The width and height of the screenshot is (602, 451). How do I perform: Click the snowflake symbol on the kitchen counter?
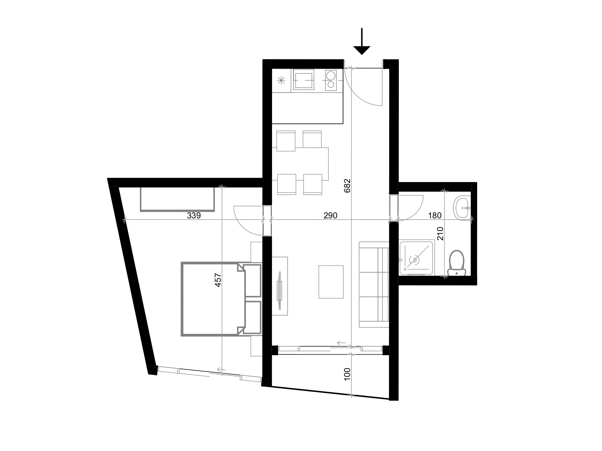click(281, 81)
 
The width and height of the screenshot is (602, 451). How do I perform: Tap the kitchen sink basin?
click(303, 80)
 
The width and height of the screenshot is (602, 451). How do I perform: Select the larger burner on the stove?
click(331, 75)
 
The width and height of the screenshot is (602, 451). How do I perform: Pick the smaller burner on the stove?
click(331, 85)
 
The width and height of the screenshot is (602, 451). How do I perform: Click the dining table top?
click(300, 164)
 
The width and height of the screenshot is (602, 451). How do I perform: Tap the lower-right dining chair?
click(313, 184)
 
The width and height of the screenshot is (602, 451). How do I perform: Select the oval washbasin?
click(461, 208)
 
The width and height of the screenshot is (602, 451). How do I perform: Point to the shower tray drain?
click(414, 260)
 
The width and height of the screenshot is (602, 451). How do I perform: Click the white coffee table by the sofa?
click(331, 282)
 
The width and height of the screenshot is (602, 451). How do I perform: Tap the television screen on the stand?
click(280, 290)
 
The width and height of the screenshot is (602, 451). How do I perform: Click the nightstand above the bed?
click(256, 252)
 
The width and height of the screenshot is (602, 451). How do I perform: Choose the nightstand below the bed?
click(256, 346)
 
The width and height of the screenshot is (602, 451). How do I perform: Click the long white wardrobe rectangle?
click(177, 199)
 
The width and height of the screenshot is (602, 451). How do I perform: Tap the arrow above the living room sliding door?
click(341, 343)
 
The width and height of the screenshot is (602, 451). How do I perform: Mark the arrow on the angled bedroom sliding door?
click(221, 370)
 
